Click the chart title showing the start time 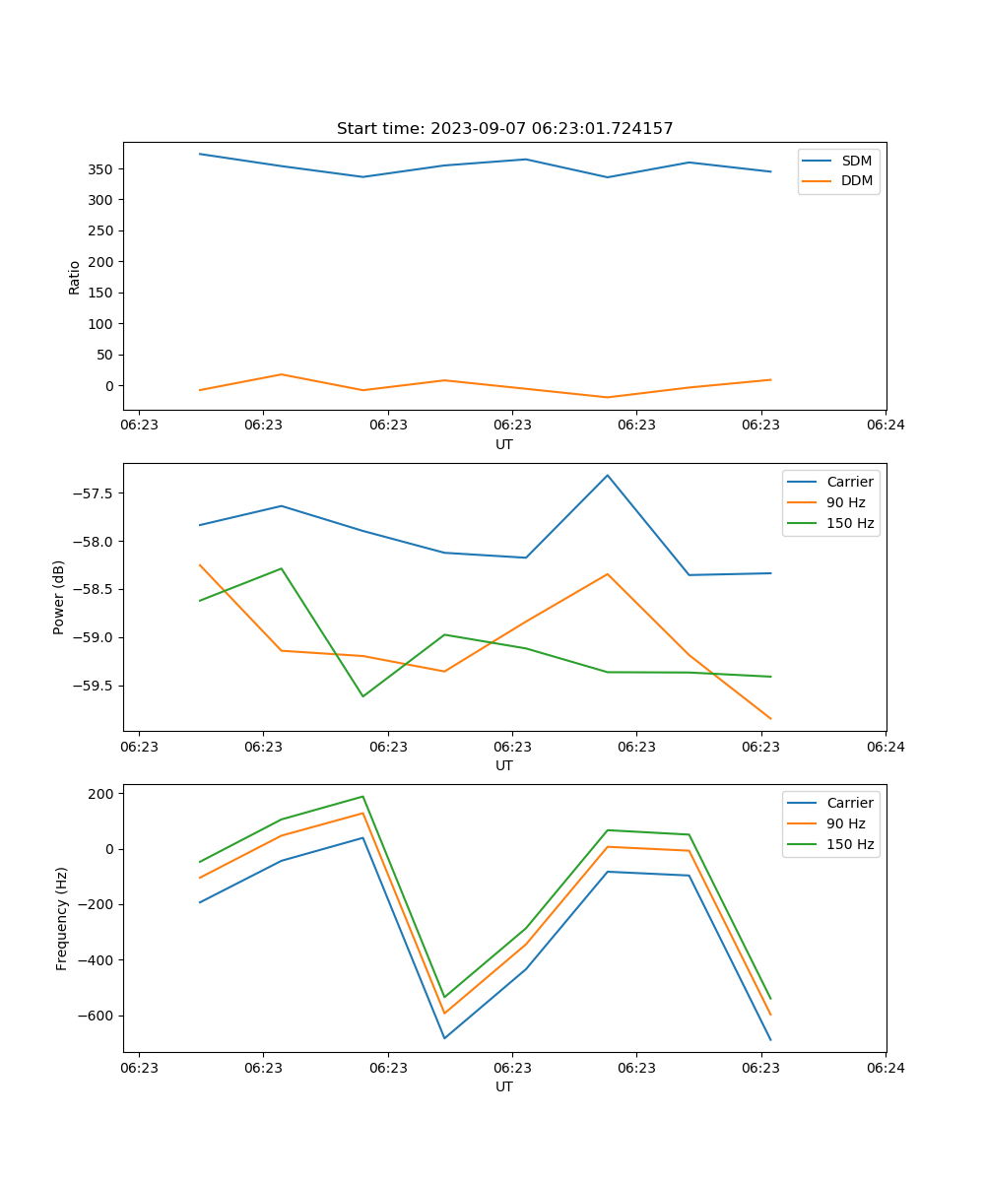pyautogui.click(x=504, y=129)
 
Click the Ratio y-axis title pyautogui.click(x=75, y=278)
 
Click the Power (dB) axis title pyautogui.click(x=59, y=597)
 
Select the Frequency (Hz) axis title pyautogui.click(x=61, y=918)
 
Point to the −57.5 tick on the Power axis pyautogui.click(x=94, y=492)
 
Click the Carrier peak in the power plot pyautogui.click(x=608, y=475)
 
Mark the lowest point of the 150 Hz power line pyautogui.click(x=362, y=696)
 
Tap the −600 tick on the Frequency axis pyautogui.click(x=97, y=1016)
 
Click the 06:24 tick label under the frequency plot pyautogui.click(x=886, y=1067)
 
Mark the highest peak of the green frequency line pyautogui.click(x=362, y=797)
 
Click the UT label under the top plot pyautogui.click(x=504, y=444)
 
